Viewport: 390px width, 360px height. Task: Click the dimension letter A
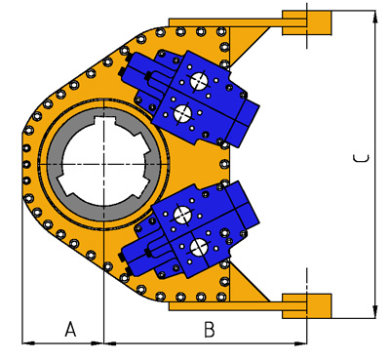(x=70, y=329)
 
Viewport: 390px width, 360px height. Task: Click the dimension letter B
(x=210, y=329)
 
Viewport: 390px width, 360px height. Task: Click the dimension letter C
(x=361, y=158)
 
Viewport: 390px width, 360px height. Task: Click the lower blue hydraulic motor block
(x=190, y=230)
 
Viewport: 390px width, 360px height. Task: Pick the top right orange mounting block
(x=307, y=22)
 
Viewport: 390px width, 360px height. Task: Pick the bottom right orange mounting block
(x=307, y=306)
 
